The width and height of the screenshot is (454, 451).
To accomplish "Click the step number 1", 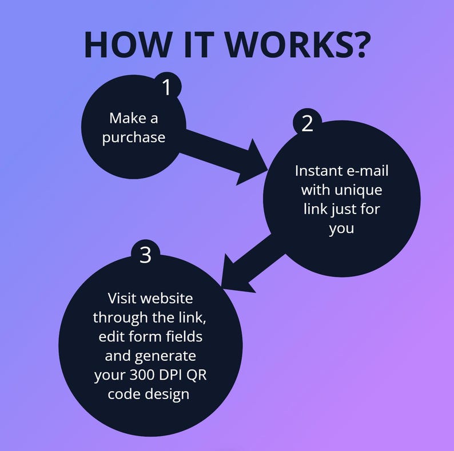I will point(166,88).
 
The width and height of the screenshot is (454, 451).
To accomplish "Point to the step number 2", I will point(307,124).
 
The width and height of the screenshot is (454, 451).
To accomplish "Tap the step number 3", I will point(145,255).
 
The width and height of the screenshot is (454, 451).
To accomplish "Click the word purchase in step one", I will point(134,138).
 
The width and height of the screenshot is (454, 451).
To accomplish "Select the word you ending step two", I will point(341,229).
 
